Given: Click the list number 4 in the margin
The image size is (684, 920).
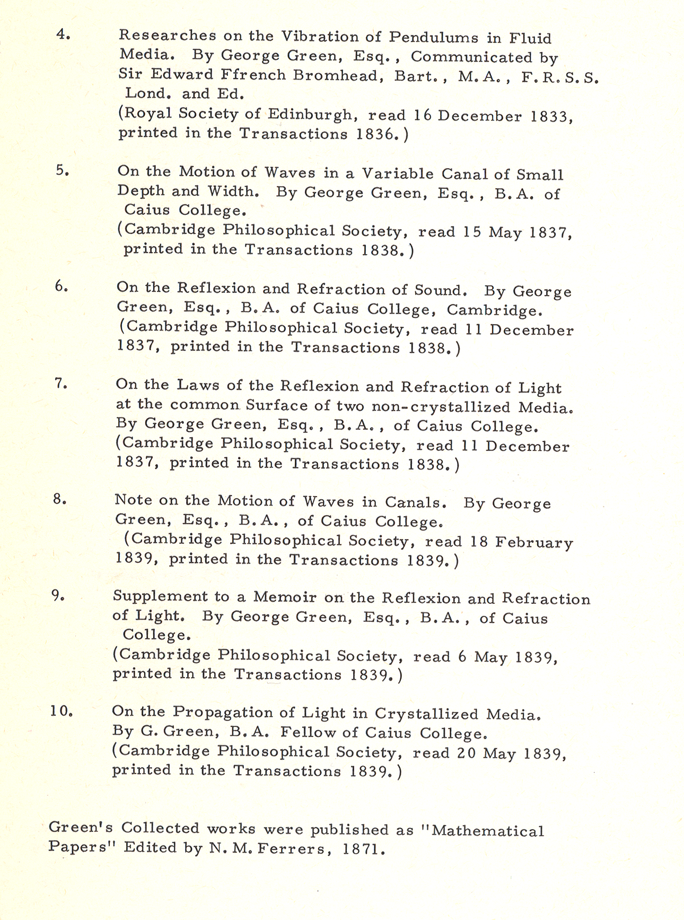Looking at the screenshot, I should [x=63, y=34].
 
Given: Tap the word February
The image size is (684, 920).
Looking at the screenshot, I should [x=535, y=543].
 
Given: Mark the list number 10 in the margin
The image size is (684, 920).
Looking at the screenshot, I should [x=62, y=711].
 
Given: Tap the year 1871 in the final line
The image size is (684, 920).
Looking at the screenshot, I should [x=363, y=849].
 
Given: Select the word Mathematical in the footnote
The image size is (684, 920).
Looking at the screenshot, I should [x=487, y=831].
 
